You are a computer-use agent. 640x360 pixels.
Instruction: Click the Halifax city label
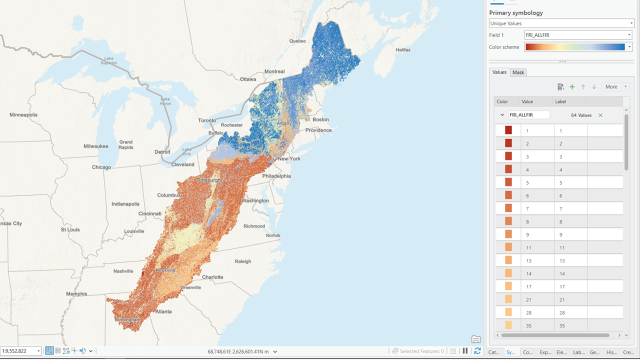pos(402,50)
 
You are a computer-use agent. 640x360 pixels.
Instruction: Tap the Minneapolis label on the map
pos(23,115)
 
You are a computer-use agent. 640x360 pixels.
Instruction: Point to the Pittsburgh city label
pos(209,180)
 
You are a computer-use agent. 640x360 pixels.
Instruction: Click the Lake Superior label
pos(108,60)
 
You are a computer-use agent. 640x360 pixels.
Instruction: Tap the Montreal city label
pos(274,71)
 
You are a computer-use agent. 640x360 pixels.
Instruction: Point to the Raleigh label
pos(243,261)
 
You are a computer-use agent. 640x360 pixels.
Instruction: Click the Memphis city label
pos(76,294)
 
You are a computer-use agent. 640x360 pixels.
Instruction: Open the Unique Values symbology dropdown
pos(561,23)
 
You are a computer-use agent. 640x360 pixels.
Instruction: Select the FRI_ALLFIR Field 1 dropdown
pos(578,35)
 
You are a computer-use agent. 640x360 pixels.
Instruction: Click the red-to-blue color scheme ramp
pos(574,47)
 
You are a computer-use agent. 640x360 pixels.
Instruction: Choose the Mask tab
pos(518,72)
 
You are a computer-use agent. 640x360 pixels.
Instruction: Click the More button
pos(614,87)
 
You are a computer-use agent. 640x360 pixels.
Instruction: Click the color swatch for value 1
pos(508,130)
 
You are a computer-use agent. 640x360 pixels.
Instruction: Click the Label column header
pos(559,101)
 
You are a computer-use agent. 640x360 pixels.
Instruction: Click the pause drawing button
pos(465,351)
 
